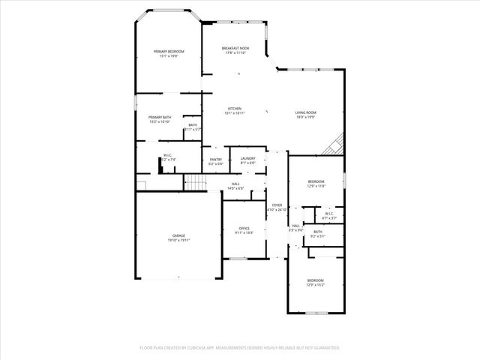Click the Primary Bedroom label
click(169, 51)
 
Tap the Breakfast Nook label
click(235, 48)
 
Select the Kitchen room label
click(235, 109)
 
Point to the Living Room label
click(305, 112)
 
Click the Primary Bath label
click(160, 117)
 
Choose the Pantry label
click(216, 159)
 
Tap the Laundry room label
click(248, 158)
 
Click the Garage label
click(178, 236)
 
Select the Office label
click(244, 228)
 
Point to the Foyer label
click(277, 205)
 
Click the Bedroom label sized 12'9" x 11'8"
click(316, 181)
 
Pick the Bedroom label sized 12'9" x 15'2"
click(316, 280)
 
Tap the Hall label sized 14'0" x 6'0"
click(235, 184)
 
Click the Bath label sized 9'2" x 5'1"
click(318, 232)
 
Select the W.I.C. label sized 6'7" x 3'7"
click(329, 214)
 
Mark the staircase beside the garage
click(194, 181)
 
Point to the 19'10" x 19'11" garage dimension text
click(178, 241)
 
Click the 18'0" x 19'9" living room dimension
click(305, 117)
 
